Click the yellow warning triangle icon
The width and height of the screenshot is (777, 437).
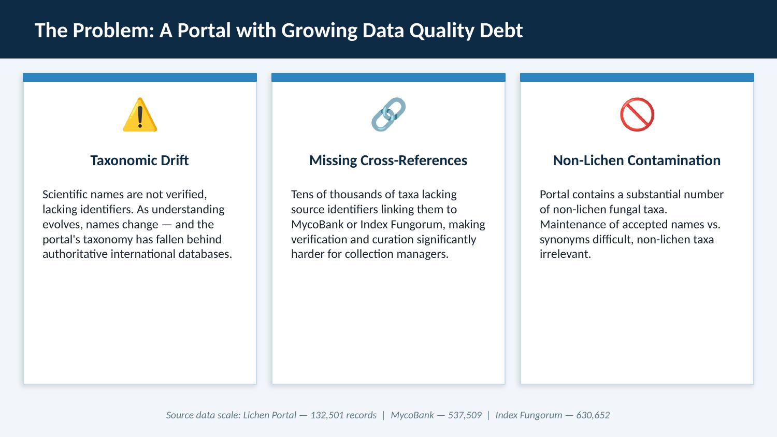click(x=140, y=115)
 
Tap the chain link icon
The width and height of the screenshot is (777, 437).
click(x=388, y=114)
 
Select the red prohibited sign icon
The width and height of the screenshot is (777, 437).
click(x=637, y=114)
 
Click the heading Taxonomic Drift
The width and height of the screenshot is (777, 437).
click(x=139, y=161)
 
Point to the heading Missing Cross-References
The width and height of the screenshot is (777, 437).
click(x=388, y=161)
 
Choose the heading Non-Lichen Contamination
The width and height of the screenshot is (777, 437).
click(x=637, y=161)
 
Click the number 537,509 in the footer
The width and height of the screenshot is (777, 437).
click(x=465, y=415)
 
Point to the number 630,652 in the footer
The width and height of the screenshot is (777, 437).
click(x=593, y=415)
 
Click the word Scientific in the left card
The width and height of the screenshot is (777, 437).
click(x=65, y=195)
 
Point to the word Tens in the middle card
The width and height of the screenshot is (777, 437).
click(x=303, y=195)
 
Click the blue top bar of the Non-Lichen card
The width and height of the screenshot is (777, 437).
click(x=637, y=78)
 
